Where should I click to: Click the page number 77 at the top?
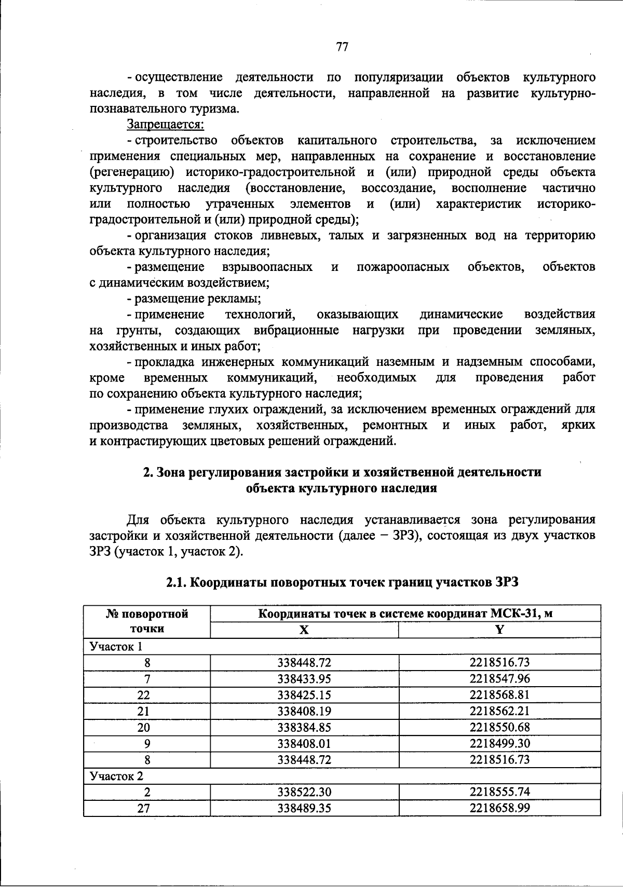tap(341, 47)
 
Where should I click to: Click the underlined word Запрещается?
tap(166, 125)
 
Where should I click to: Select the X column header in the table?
tap(304, 630)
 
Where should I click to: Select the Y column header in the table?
tap(499, 630)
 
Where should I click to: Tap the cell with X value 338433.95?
tap(304, 678)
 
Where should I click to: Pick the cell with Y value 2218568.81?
tap(499, 694)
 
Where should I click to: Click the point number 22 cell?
tap(147, 695)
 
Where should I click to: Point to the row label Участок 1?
tap(116, 646)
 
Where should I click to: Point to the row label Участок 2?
tap(116, 776)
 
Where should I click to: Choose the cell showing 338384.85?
tap(304, 727)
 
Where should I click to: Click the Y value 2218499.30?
tap(499, 743)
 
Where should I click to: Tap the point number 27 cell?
tap(147, 808)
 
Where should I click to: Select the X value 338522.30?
tap(304, 792)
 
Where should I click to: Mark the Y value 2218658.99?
tap(499, 808)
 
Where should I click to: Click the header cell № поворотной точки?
tap(147, 621)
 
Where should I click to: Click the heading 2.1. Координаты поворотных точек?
tap(342, 582)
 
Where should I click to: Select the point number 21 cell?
tap(147, 711)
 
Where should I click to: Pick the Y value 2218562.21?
tap(499, 711)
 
